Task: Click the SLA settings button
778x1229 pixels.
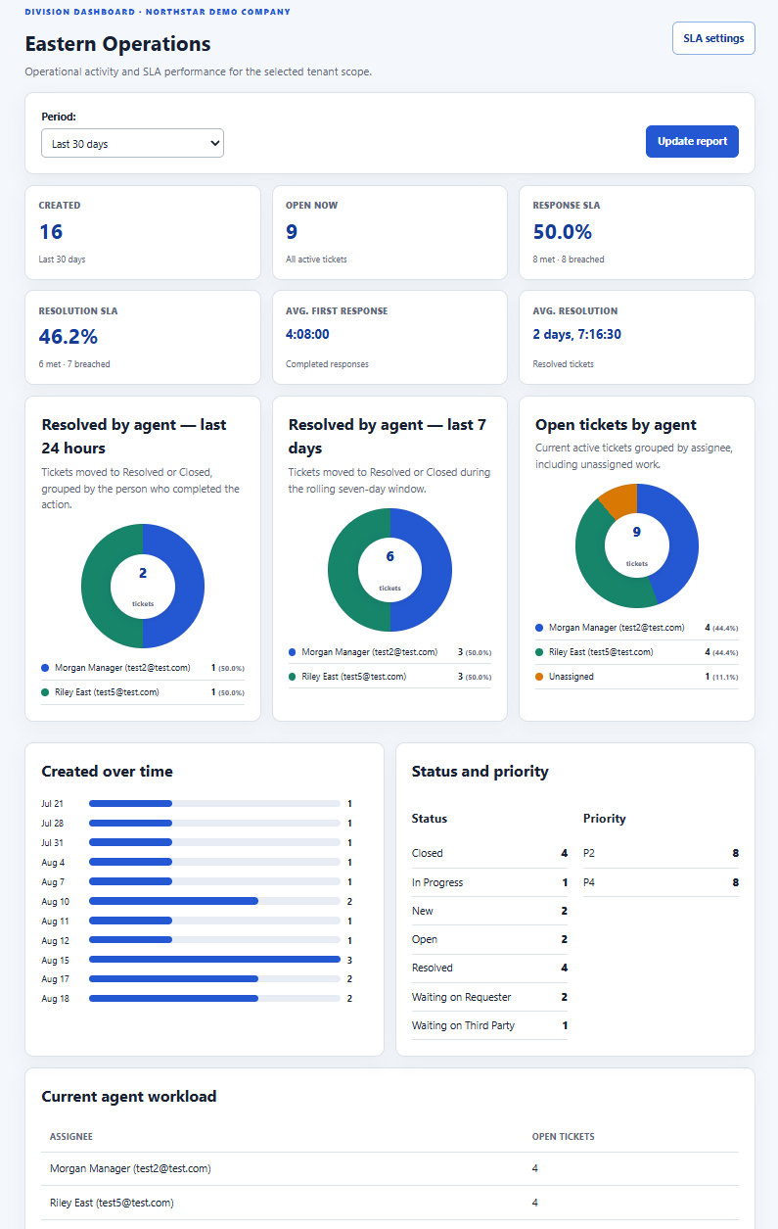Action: pyautogui.click(x=713, y=38)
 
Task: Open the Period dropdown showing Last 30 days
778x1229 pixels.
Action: pyautogui.click(x=132, y=143)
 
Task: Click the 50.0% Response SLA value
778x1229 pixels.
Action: pyautogui.click(x=562, y=231)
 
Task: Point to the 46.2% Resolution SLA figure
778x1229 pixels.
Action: pyautogui.click(x=68, y=336)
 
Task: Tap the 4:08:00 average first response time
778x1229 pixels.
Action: pyautogui.click(x=307, y=334)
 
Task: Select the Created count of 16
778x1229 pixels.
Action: pyautogui.click(x=51, y=231)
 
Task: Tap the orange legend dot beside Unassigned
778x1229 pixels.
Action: pyautogui.click(x=539, y=677)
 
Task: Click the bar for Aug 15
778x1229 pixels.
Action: pyautogui.click(x=214, y=960)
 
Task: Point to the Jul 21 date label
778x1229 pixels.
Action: pyautogui.click(x=52, y=803)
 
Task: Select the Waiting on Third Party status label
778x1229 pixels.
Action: pyautogui.click(x=463, y=1025)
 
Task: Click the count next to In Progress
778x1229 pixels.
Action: pyautogui.click(x=565, y=882)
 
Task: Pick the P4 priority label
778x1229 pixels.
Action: pyautogui.click(x=589, y=882)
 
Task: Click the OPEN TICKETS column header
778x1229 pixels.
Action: pyautogui.click(x=563, y=1136)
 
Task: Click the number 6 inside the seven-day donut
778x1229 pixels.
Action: pyautogui.click(x=389, y=556)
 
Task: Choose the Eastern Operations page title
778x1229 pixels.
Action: pyautogui.click(x=117, y=44)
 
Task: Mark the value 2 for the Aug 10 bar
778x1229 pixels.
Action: pyautogui.click(x=349, y=902)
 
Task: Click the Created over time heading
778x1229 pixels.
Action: pyautogui.click(x=107, y=772)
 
